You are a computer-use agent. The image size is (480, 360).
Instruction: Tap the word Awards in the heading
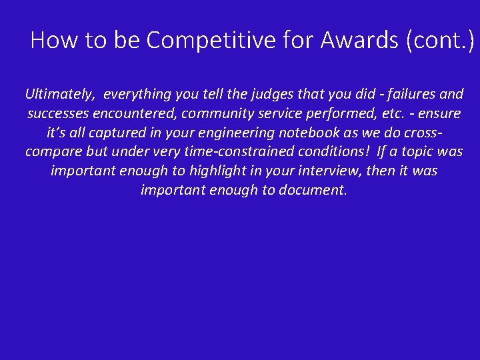click(x=359, y=41)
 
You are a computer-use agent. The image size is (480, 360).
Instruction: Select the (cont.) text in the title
click(x=439, y=41)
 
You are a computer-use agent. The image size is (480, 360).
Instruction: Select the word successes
click(x=59, y=113)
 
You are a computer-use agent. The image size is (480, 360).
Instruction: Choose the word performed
click(x=328, y=113)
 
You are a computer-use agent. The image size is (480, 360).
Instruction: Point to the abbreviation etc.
click(x=378, y=113)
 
